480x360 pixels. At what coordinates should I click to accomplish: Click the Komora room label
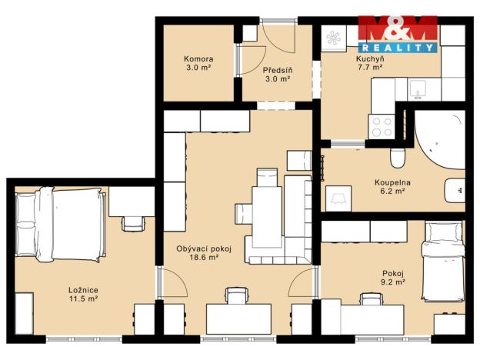(x=198, y=58)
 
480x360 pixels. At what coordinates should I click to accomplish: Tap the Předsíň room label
(x=278, y=70)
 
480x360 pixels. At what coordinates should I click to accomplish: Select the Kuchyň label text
(x=370, y=58)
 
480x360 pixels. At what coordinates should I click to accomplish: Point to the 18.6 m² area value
(x=204, y=257)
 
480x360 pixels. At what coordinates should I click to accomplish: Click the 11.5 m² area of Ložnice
(x=83, y=298)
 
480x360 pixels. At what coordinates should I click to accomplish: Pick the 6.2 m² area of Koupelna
(x=392, y=191)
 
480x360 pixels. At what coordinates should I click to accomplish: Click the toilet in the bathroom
(x=398, y=158)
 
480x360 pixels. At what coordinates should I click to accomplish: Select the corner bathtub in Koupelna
(x=439, y=139)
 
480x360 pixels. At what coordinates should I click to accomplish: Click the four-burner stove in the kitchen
(x=382, y=127)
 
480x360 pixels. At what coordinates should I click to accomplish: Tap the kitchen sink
(x=418, y=89)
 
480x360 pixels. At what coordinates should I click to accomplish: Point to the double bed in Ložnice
(x=60, y=225)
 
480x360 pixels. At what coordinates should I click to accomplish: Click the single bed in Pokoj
(x=443, y=261)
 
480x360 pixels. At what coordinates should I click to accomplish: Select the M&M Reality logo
(x=398, y=34)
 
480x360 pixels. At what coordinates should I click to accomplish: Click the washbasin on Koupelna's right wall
(x=455, y=191)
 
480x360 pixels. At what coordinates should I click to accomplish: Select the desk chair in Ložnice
(x=133, y=224)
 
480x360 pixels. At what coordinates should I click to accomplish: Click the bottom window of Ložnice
(x=84, y=339)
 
